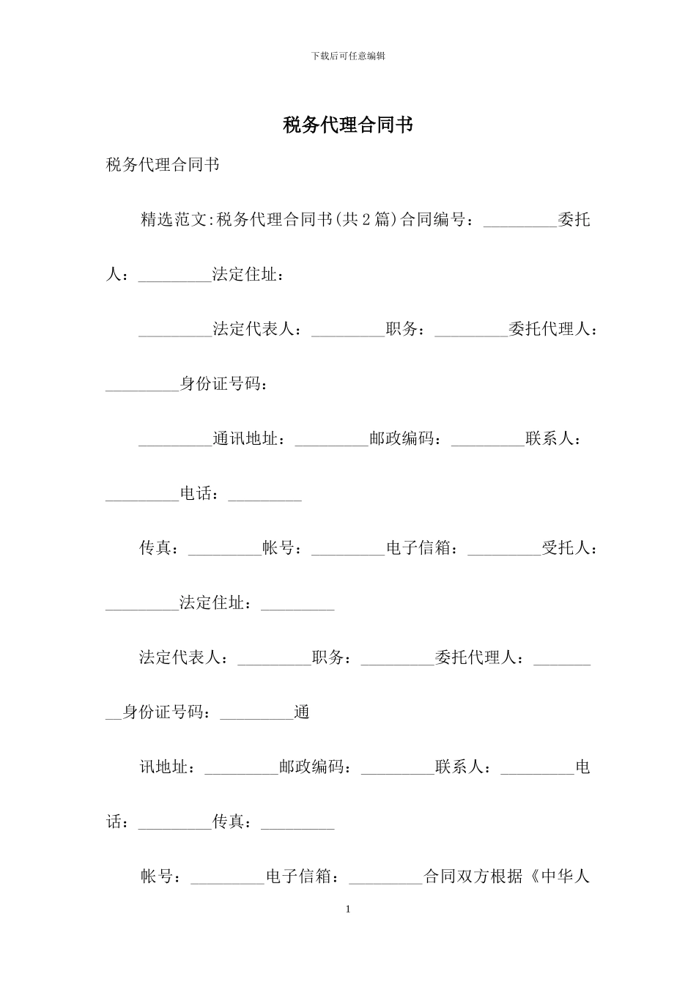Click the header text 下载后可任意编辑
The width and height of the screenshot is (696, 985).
[348, 56]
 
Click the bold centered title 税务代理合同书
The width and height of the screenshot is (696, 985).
[348, 125]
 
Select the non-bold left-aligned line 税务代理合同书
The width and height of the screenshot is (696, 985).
[163, 165]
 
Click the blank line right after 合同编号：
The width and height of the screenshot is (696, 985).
[520, 222]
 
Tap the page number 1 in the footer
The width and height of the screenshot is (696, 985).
[348, 910]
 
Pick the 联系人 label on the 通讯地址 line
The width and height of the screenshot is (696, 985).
[549, 439]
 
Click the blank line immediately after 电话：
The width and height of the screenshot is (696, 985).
[265, 497]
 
